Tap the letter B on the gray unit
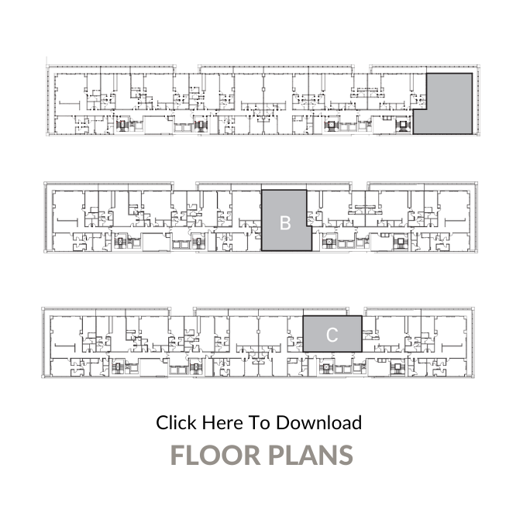point(285,223)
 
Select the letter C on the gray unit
point(332,335)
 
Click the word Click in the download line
point(176,422)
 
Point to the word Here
point(222,422)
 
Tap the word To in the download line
point(260,422)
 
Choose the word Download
point(319,422)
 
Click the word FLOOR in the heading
point(215,455)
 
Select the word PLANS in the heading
point(311,455)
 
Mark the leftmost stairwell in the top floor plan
point(122,125)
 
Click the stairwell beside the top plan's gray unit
point(403,125)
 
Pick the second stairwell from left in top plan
point(201,125)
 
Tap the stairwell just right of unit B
point(329,242)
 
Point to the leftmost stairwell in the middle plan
point(120,242)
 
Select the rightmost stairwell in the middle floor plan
point(401,242)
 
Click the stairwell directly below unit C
point(325,368)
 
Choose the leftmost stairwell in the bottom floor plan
point(117,367)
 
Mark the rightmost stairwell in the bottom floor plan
point(397,367)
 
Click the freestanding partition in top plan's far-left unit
point(69,103)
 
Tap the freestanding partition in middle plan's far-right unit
point(456,220)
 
